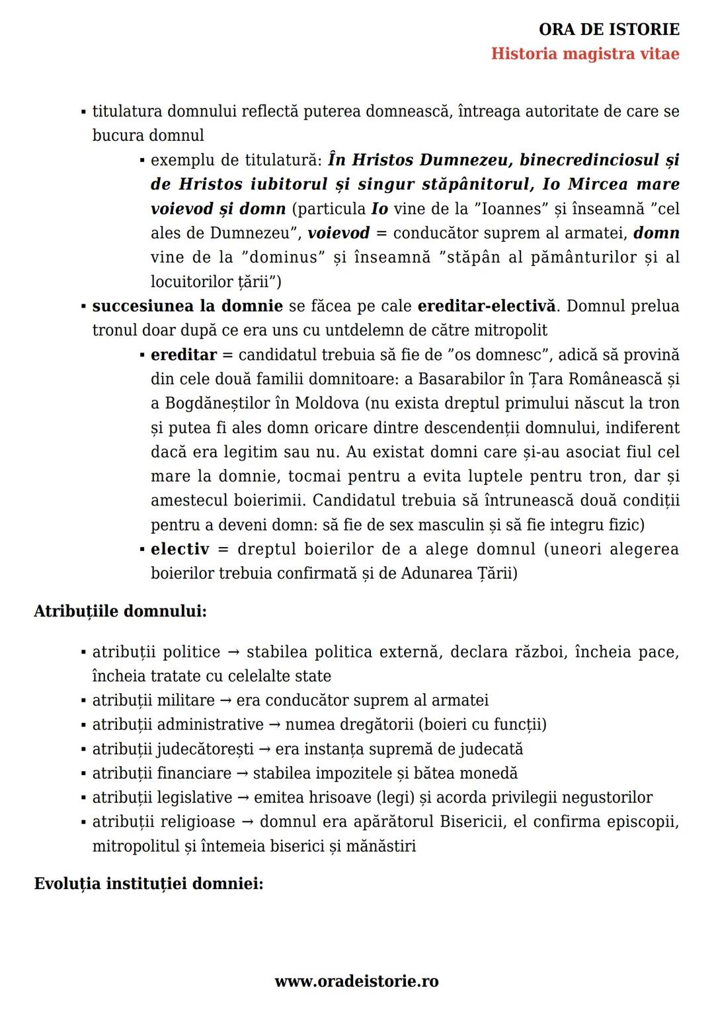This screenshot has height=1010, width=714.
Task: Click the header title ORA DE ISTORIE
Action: [x=609, y=29]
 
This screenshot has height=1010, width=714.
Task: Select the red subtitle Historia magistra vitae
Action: [x=584, y=54]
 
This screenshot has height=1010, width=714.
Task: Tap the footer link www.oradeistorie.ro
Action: [x=356, y=982]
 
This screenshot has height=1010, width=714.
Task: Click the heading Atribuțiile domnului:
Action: [x=120, y=611]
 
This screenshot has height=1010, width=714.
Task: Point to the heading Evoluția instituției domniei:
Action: [x=149, y=884]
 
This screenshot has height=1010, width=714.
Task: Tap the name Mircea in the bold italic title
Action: [x=598, y=185]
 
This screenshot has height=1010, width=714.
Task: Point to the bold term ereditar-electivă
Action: [x=487, y=306]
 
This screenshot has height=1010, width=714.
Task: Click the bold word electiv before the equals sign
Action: [x=180, y=550]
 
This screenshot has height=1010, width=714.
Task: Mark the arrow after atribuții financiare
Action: [x=242, y=773]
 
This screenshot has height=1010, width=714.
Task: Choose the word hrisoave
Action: [x=340, y=798]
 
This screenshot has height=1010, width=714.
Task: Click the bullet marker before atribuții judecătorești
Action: [x=84, y=749]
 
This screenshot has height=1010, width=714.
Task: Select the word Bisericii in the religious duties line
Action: [x=473, y=822]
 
